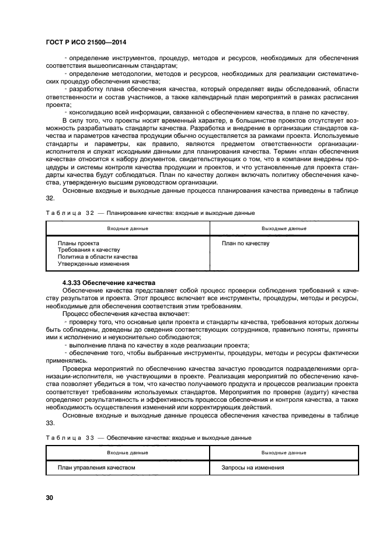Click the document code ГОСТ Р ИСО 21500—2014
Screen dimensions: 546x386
coord(86,43)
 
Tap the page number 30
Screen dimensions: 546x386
coord(50,497)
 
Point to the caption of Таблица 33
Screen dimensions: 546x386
coord(148,437)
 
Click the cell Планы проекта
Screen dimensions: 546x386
coord(78,243)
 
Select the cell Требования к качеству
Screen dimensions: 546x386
coord(88,250)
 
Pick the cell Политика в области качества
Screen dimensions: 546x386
coord(97,257)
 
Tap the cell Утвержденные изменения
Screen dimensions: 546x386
coord(93,264)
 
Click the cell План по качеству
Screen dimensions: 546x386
coord(246,243)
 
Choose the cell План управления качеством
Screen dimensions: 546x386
coord(96,468)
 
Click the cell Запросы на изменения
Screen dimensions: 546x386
coord(253,468)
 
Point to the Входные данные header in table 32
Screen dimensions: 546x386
coord(127,228)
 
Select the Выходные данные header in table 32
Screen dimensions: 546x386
coord(284,228)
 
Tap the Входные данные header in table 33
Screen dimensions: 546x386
coord(127,453)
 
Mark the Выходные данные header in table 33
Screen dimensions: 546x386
coord(284,453)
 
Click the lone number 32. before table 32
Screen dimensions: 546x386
coord(50,198)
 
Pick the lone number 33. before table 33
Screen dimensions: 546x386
coord(50,423)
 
